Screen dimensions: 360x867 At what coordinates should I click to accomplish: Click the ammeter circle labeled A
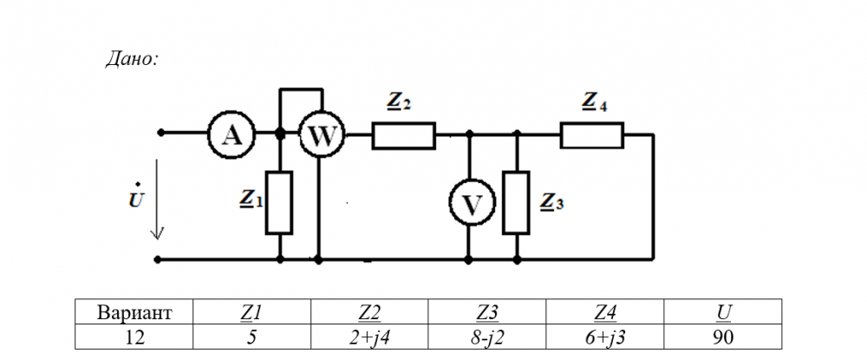point(230,134)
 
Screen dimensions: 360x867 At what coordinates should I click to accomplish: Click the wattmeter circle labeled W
point(322,134)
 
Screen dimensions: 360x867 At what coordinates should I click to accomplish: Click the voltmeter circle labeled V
point(470,204)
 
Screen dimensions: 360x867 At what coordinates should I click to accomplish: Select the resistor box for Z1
point(279,203)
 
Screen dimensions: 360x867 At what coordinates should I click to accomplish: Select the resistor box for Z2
point(403,135)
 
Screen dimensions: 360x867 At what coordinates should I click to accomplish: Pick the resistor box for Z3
point(516,203)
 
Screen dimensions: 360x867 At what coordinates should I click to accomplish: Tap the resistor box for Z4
point(591,135)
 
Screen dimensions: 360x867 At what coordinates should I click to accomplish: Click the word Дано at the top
point(131,59)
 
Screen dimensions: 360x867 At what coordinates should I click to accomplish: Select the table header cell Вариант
point(134,312)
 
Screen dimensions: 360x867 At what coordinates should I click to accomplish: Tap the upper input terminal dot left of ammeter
point(160,133)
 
